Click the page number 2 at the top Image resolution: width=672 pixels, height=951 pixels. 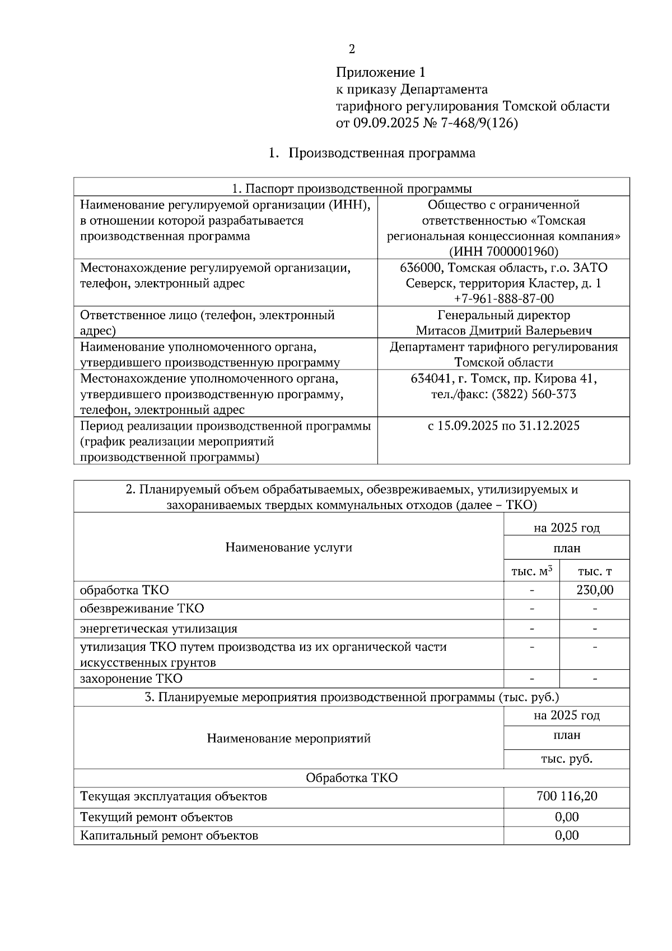click(x=352, y=49)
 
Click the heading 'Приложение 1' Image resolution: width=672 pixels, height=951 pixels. click(x=380, y=72)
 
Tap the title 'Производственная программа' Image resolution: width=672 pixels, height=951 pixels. click(x=381, y=153)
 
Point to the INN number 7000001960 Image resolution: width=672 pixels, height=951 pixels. click(x=521, y=251)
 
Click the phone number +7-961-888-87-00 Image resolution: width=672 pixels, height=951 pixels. click(x=503, y=299)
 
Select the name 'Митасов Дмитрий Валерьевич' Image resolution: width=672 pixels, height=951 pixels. click(x=503, y=330)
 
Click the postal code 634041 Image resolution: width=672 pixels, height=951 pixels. click(x=429, y=379)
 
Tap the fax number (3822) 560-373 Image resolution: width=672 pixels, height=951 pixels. click(x=534, y=394)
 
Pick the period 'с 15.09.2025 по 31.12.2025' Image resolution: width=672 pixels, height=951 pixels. click(x=503, y=426)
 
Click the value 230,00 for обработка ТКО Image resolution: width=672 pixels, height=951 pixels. click(x=595, y=590)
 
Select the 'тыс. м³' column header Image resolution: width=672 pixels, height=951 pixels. click(x=531, y=571)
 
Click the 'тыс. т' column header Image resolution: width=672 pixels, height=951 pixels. click(x=595, y=571)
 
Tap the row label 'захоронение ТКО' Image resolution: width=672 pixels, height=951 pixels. click(x=131, y=679)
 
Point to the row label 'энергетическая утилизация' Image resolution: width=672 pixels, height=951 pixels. click(x=158, y=628)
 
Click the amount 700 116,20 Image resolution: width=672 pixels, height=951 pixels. click(x=567, y=796)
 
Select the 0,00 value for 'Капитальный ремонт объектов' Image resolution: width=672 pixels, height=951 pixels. click(x=567, y=835)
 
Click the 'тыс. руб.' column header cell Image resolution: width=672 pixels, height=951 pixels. click(x=567, y=759)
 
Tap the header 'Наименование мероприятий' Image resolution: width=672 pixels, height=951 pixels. click(x=288, y=738)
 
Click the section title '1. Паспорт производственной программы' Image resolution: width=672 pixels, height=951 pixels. click(x=352, y=188)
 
